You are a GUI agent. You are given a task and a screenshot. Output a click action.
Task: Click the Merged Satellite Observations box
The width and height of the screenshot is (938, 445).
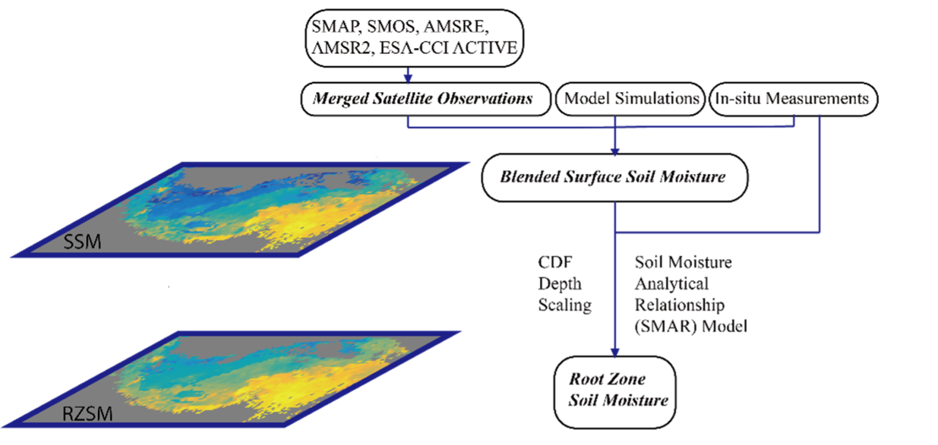(423, 99)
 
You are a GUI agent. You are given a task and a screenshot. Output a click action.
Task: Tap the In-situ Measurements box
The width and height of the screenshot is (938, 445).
(792, 99)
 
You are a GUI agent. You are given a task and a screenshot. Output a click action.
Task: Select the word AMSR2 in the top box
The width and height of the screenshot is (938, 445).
(340, 48)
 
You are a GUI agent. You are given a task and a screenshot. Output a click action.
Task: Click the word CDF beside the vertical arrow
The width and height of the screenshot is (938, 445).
(554, 263)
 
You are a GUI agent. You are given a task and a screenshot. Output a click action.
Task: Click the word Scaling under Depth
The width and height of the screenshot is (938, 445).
(564, 305)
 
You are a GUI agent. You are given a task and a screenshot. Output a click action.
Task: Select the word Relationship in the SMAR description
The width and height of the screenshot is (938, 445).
(679, 305)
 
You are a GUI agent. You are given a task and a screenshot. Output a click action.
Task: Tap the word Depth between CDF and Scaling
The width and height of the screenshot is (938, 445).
(559, 284)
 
